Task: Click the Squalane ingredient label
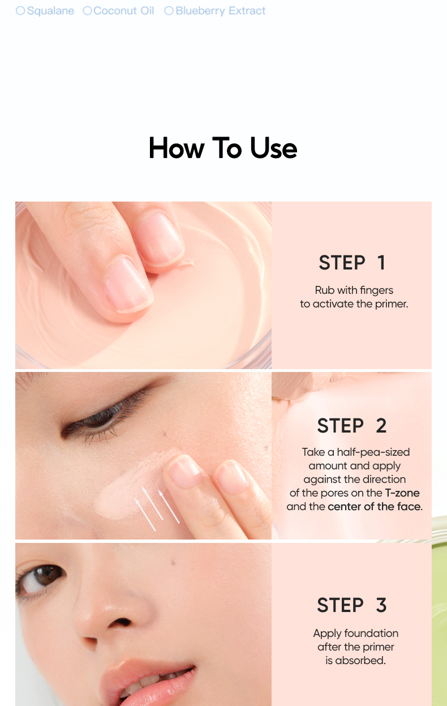tap(50, 11)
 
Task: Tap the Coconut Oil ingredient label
tap(123, 11)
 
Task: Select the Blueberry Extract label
tap(221, 11)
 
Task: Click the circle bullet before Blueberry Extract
tap(169, 11)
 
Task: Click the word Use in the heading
tap(273, 148)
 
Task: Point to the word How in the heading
tap(177, 148)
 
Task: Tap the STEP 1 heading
tap(351, 263)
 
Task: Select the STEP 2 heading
tap(351, 426)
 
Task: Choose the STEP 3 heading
tap(351, 605)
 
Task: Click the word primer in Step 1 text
tap(392, 304)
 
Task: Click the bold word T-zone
tap(402, 493)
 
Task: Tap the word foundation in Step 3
tap(371, 633)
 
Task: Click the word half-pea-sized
tap(373, 452)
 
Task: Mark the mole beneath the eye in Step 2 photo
tap(164, 434)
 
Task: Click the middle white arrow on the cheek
tap(152, 503)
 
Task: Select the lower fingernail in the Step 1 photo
tap(128, 285)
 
